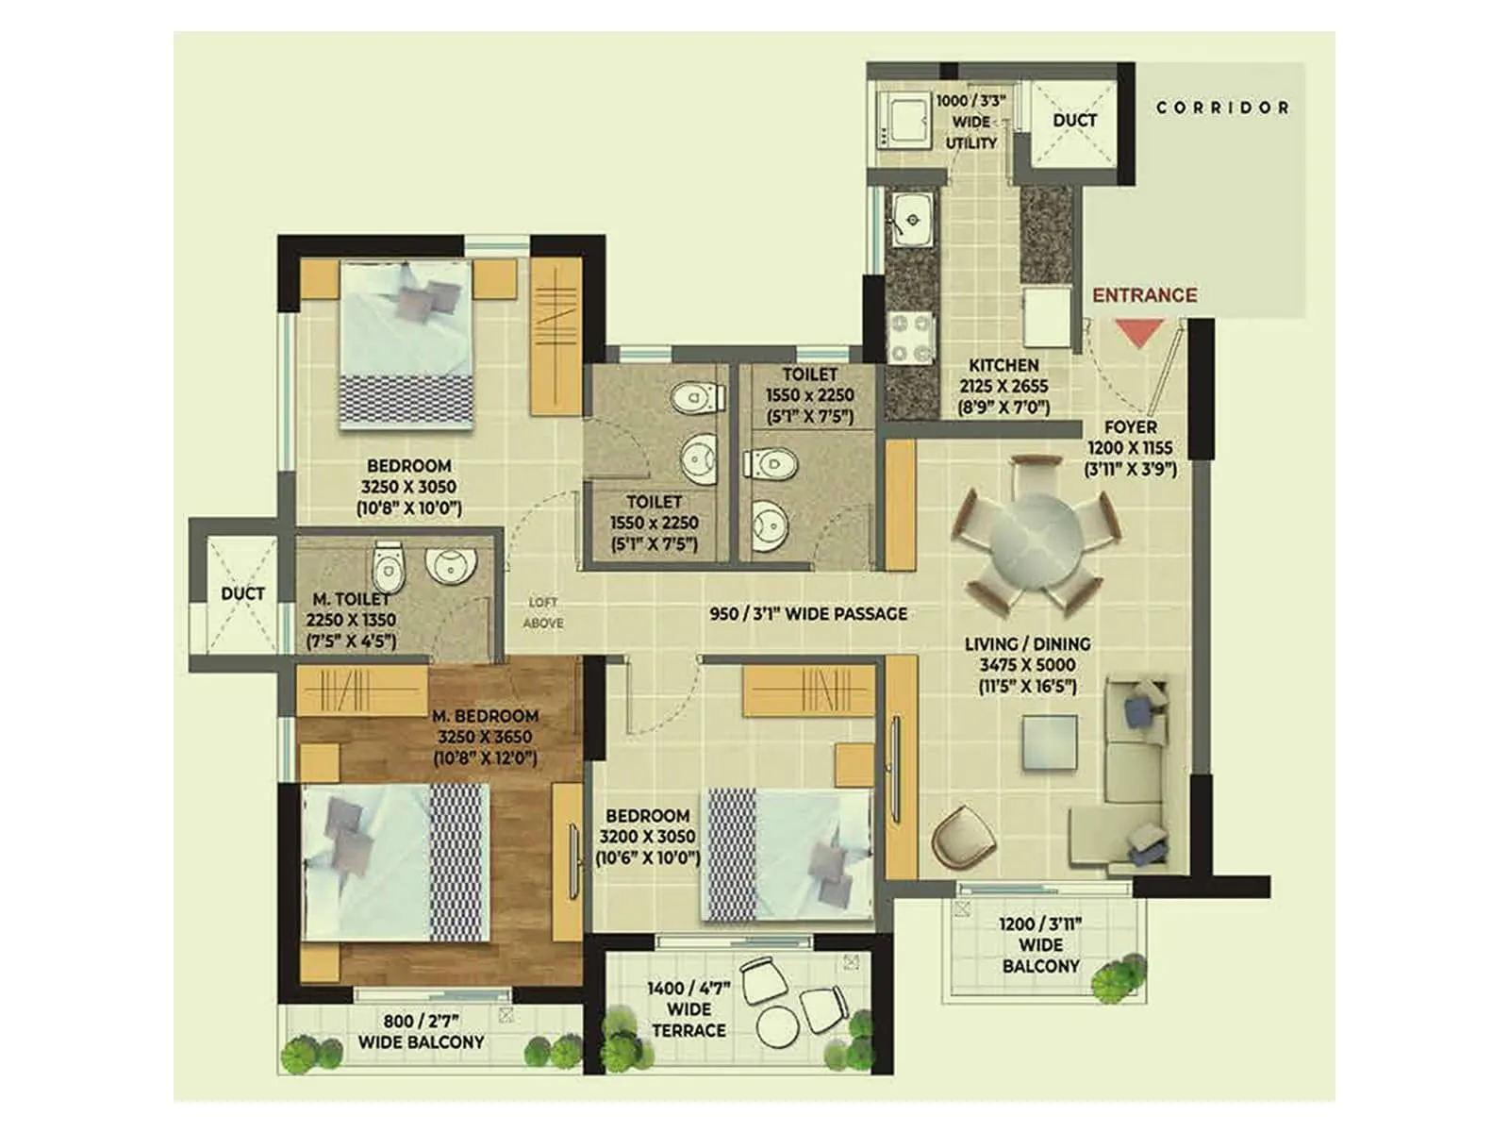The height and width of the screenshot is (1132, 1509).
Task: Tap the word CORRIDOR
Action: (1222, 108)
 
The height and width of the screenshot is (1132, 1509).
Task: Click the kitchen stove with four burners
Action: (911, 338)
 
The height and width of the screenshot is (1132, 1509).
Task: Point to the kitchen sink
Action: (912, 219)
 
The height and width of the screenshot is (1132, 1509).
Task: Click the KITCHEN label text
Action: (1003, 365)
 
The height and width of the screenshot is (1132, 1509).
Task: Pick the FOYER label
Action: (1130, 427)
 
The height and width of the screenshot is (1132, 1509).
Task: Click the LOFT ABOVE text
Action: (544, 612)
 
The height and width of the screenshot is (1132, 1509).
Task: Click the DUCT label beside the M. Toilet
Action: (242, 593)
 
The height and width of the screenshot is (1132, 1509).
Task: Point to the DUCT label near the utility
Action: (1074, 120)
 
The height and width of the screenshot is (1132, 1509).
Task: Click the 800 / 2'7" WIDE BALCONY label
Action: (421, 1031)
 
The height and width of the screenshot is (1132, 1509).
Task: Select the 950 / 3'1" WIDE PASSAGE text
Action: (808, 614)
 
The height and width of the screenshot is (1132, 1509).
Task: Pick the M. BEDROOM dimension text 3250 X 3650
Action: (485, 737)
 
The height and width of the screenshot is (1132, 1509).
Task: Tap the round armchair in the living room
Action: (963, 833)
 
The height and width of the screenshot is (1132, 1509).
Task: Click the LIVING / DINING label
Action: (1027, 643)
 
